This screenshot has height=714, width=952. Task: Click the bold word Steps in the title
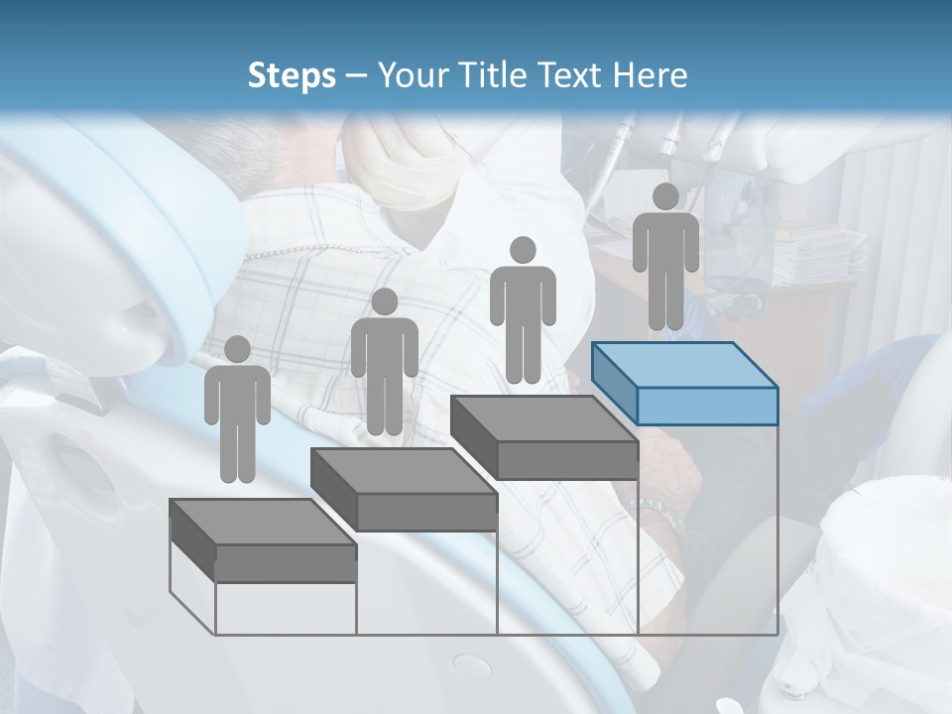tap(292, 75)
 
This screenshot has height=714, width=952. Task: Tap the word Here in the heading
tap(650, 75)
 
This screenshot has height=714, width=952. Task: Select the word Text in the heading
tap(574, 75)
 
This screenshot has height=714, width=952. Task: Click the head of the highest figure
tap(665, 196)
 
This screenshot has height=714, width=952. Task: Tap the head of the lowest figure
tap(237, 349)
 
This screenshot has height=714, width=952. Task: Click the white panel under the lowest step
tap(286, 608)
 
